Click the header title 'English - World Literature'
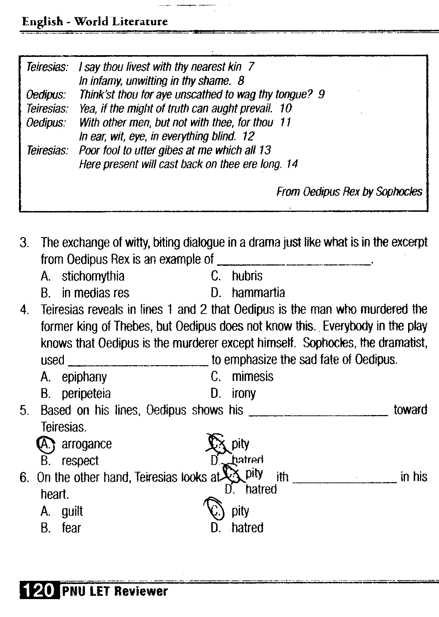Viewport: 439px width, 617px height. [x=95, y=22]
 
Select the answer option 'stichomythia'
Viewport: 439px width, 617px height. [x=93, y=276]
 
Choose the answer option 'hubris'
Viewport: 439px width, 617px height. [x=247, y=276]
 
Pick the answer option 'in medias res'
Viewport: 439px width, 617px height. [x=95, y=293]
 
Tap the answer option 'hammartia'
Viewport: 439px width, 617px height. [x=258, y=293]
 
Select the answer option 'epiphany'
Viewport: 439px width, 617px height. [x=84, y=377]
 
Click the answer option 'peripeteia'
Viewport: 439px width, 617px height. [x=86, y=394]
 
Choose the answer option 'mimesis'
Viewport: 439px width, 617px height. [x=253, y=377]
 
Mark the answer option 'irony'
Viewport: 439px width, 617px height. [x=244, y=394]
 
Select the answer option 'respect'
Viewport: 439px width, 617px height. [x=80, y=461]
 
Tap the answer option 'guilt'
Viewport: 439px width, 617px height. [x=72, y=511]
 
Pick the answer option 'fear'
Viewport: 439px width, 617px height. [x=71, y=528]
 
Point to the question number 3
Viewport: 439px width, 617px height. [x=24, y=243]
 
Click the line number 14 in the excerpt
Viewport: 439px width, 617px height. [x=292, y=164]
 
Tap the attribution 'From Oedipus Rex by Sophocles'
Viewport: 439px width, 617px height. [x=349, y=192]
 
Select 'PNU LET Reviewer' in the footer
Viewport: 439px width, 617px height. [x=115, y=591]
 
